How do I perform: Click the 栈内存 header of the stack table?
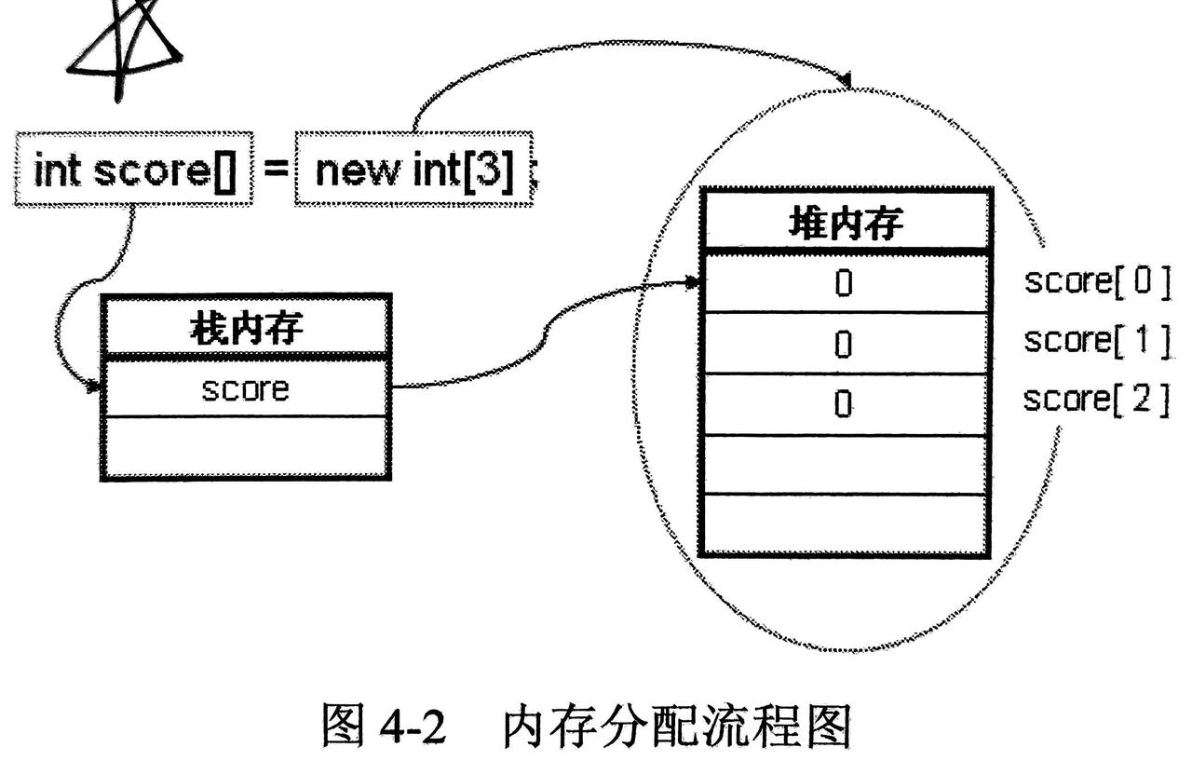(246, 327)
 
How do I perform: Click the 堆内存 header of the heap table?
(845, 222)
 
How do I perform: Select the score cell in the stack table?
(246, 388)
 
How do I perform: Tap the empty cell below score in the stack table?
(246, 447)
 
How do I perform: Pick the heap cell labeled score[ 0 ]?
(844, 283)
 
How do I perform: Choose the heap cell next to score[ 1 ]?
(844, 344)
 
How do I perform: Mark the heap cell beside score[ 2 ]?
(844, 404)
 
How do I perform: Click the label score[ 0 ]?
(1096, 281)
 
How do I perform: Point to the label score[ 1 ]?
(1096, 341)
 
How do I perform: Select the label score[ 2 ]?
(1096, 401)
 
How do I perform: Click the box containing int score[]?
(134, 171)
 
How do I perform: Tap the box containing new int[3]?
(414, 171)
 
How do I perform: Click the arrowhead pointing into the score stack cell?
(94, 386)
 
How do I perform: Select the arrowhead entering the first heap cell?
(693, 282)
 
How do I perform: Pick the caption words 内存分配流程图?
(677, 725)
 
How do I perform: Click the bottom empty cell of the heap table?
(844, 523)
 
